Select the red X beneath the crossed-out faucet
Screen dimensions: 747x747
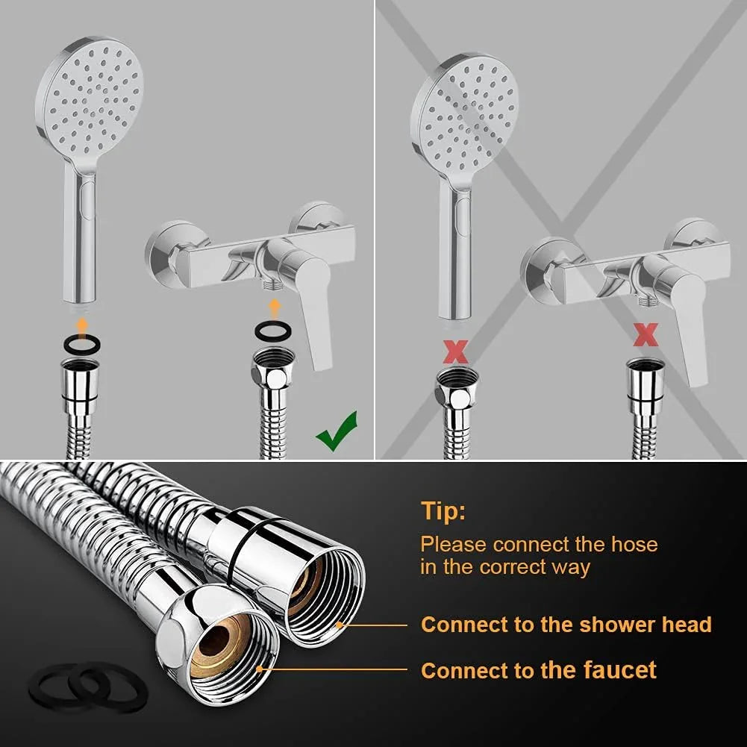pos(646,335)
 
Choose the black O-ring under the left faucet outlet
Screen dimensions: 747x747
pos(273,330)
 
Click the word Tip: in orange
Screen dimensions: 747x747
pos(443,511)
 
